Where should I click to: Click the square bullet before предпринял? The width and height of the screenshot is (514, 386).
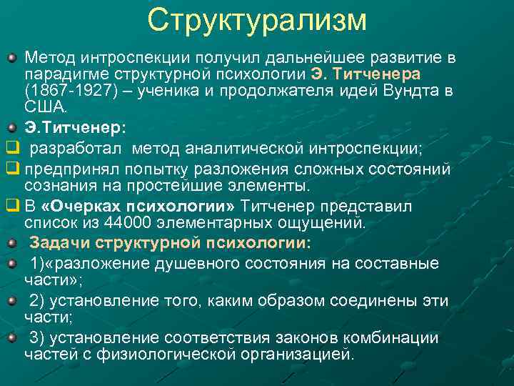click(x=11, y=169)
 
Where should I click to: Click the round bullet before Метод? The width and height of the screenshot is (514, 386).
click(x=11, y=56)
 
